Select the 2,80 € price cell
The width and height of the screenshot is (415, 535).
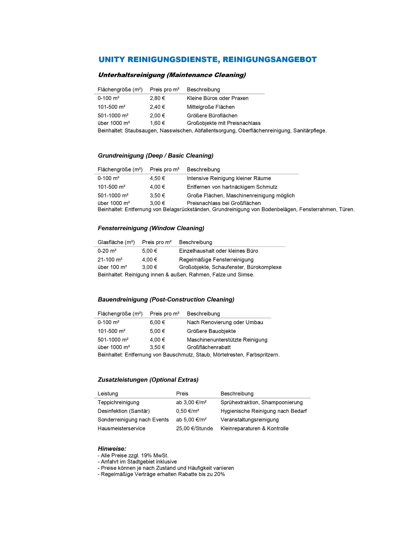tap(157, 98)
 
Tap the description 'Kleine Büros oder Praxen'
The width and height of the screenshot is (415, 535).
tap(217, 98)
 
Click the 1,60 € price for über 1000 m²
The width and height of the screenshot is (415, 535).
tap(157, 123)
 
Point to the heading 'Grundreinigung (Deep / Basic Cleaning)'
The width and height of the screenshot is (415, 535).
tap(156, 156)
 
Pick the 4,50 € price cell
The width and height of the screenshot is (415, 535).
tap(157, 178)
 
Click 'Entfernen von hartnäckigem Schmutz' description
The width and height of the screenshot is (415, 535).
tap(232, 187)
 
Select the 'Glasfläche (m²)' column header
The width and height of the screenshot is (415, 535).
tap(116, 242)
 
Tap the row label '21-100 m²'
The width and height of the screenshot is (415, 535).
tap(110, 260)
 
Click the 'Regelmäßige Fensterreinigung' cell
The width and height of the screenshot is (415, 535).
tap(216, 260)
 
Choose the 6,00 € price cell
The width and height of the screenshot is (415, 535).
tap(157, 322)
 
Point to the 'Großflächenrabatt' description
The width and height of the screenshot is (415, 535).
tap(209, 347)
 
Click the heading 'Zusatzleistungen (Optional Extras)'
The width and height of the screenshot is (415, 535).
tap(148, 380)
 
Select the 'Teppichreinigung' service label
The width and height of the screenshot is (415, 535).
tap(118, 402)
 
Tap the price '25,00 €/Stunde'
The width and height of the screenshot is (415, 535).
tap(194, 428)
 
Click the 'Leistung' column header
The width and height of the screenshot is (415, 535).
tap(108, 394)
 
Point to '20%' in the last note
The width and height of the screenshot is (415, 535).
tap(219, 474)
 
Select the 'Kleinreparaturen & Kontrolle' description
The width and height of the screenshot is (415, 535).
tap(254, 428)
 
